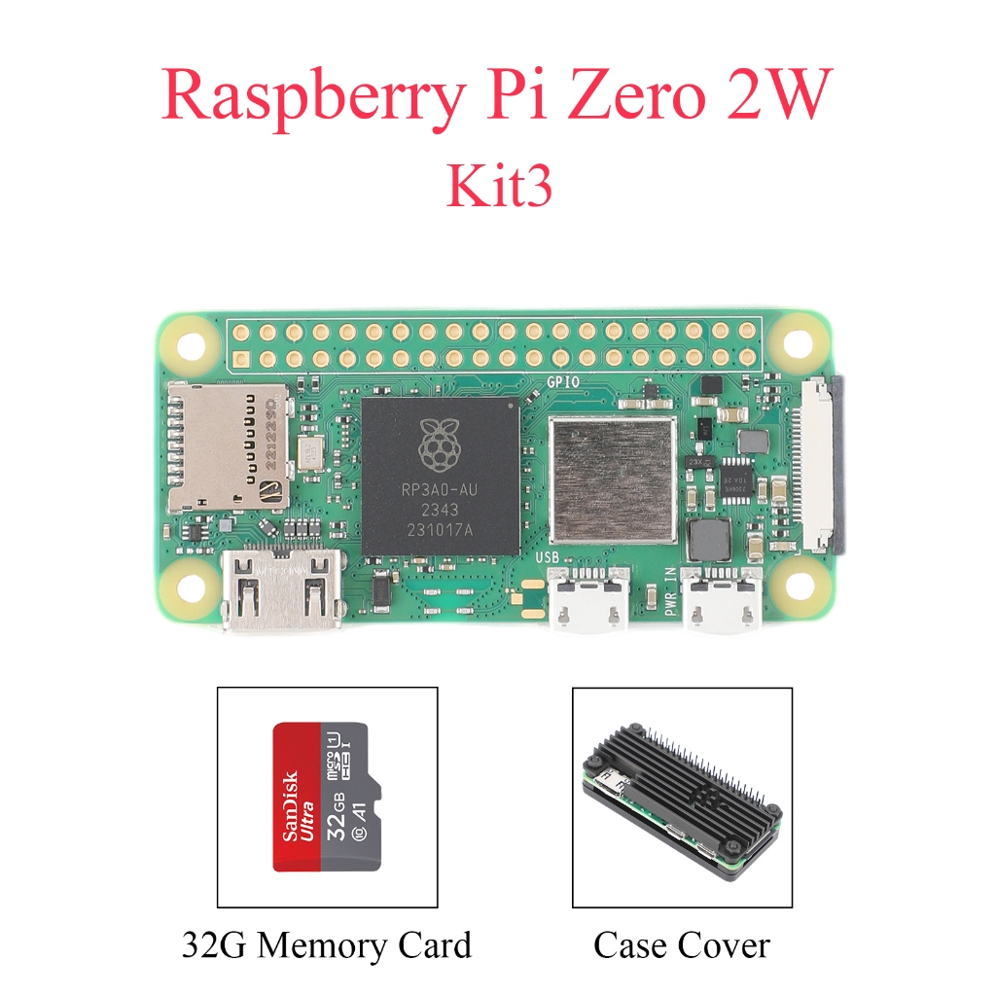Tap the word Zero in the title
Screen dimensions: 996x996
(619, 97)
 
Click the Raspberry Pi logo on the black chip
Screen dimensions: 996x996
(441, 442)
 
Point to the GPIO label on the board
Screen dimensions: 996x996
(564, 381)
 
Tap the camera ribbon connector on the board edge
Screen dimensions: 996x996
(822, 465)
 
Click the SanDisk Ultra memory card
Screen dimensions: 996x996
(326, 796)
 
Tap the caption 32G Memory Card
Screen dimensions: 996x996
(326, 944)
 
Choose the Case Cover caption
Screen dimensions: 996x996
(681, 944)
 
